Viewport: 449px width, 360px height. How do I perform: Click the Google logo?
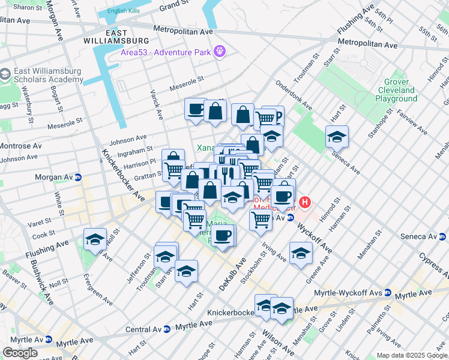pos(20,353)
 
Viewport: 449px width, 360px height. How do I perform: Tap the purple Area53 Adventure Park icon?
pos(220,52)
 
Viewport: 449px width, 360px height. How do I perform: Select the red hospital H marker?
pos(305,203)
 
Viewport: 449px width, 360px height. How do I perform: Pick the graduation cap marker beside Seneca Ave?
pos(337,137)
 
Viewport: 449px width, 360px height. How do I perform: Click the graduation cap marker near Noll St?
pos(95,239)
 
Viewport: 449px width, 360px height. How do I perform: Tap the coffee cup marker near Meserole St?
pos(196,110)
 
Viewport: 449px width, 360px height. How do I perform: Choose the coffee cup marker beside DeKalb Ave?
pos(223,235)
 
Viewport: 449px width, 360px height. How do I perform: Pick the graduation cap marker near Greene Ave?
pos(301,253)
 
